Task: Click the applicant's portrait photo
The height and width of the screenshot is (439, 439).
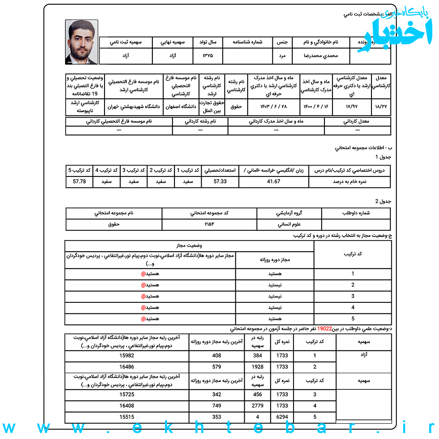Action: point(81,42)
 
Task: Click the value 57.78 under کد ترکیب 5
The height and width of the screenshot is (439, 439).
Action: point(79,182)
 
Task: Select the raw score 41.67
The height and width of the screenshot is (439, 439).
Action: point(274,182)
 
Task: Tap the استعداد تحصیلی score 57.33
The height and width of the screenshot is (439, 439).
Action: point(220,182)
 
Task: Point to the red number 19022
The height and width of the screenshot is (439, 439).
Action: point(325,330)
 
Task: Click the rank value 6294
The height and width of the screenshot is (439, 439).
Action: point(282,417)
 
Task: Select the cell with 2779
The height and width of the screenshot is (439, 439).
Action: point(258,406)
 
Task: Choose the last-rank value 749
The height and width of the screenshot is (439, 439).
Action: point(217,406)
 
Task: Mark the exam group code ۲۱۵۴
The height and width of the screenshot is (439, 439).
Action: point(209,224)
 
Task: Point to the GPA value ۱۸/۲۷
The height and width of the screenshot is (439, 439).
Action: point(381,107)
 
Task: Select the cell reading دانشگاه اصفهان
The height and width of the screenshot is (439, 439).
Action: point(181,107)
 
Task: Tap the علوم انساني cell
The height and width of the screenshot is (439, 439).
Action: point(289,224)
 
